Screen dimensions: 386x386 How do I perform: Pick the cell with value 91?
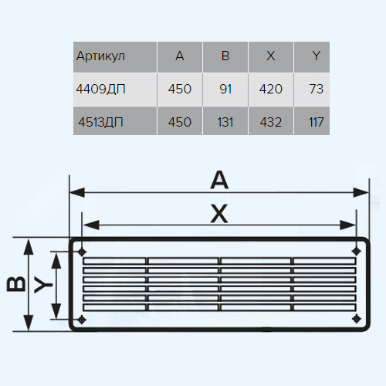pyautogui.click(x=225, y=89)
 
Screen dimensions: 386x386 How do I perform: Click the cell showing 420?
pyautogui.click(x=271, y=89)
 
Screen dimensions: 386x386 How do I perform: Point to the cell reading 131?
pyautogui.click(x=225, y=122)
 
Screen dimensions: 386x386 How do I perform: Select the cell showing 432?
pyautogui.click(x=271, y=122)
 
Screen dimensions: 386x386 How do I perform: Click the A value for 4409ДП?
pyautogui.click(x=180, y=89)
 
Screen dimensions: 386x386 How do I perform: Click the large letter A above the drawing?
pyautogui.click(x=219, y=180)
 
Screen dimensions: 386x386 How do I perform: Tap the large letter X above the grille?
pyautogui.click(x=219, y=213)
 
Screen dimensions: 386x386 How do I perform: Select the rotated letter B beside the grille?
pyautogui.click(x=16, y=284)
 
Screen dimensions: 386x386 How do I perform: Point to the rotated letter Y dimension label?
pyautogui.click(x=43, y=285)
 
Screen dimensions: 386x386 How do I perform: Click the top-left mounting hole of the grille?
pyautogui.click(x=82, y=252)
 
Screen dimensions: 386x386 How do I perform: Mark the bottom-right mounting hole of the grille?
pyautogui.click(x=356, y=319)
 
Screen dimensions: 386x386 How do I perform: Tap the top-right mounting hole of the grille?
pyautogui.click(x=356, y=251)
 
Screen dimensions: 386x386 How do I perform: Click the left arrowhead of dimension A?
pyautogui.click(x=77, y=192)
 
